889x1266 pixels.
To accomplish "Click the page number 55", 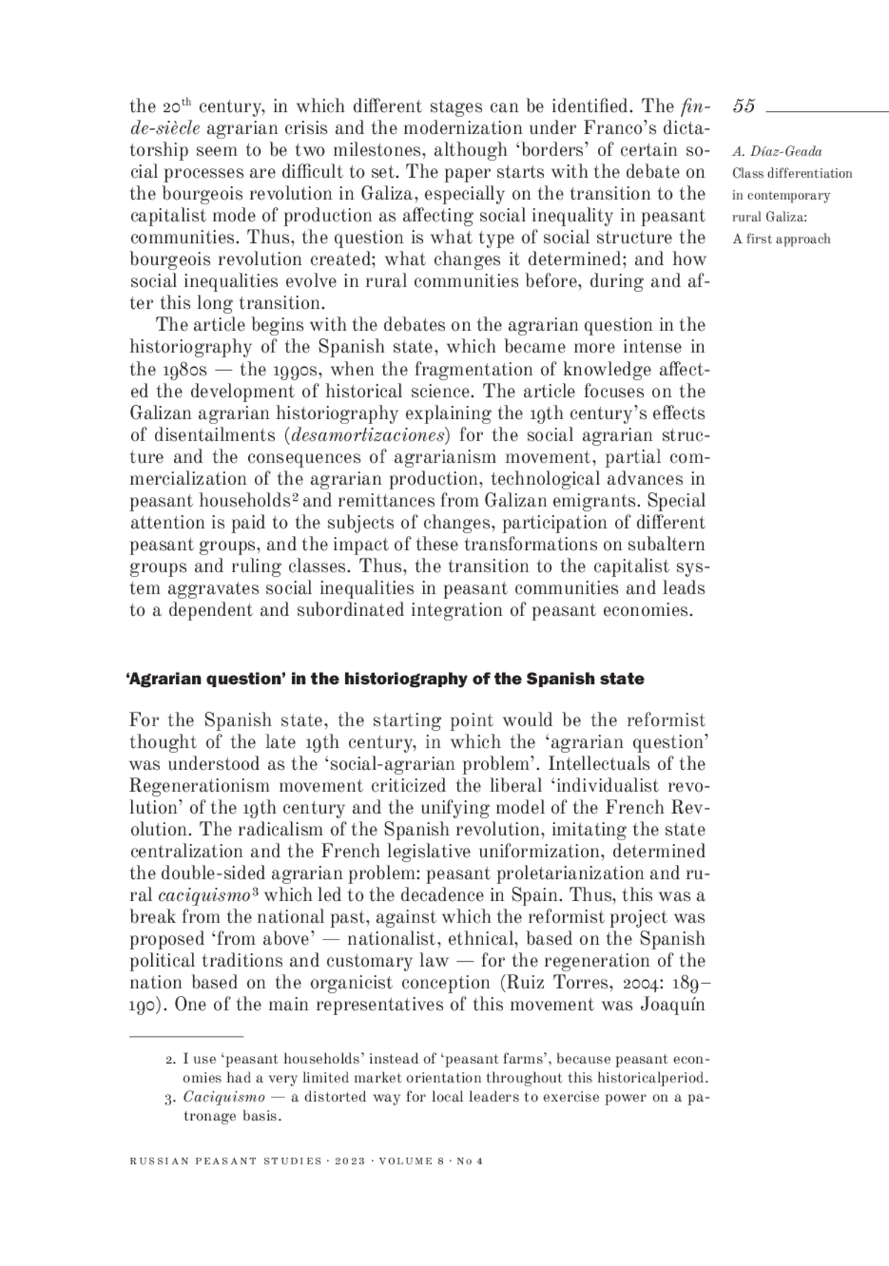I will (x=744, y=107).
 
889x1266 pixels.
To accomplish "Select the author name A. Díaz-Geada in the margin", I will (x=776, y=153).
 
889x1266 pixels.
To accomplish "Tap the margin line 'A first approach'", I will (x=782, y=239).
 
